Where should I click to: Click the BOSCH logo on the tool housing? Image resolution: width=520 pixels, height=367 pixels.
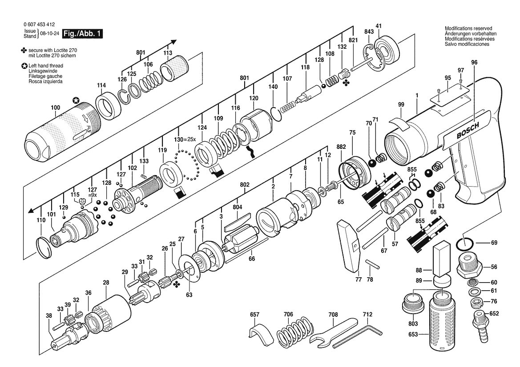[x=468, y=131]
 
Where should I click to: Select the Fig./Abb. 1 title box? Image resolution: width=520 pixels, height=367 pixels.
[x=82, y=33]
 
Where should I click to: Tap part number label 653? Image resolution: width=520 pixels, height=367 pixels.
[x=413, y=335]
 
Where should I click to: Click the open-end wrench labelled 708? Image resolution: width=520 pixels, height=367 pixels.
[x=333, y=331]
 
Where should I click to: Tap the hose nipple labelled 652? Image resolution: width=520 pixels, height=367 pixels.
[x=480, y=326]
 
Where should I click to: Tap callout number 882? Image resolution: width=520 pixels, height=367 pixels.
[x=341, y=147]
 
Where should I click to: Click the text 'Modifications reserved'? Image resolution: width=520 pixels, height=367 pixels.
[x=468, y=28]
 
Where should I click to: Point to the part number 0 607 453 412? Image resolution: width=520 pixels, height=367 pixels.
[x=40, y=24]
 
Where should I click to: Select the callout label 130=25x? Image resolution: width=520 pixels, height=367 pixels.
[x=186, y=140]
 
